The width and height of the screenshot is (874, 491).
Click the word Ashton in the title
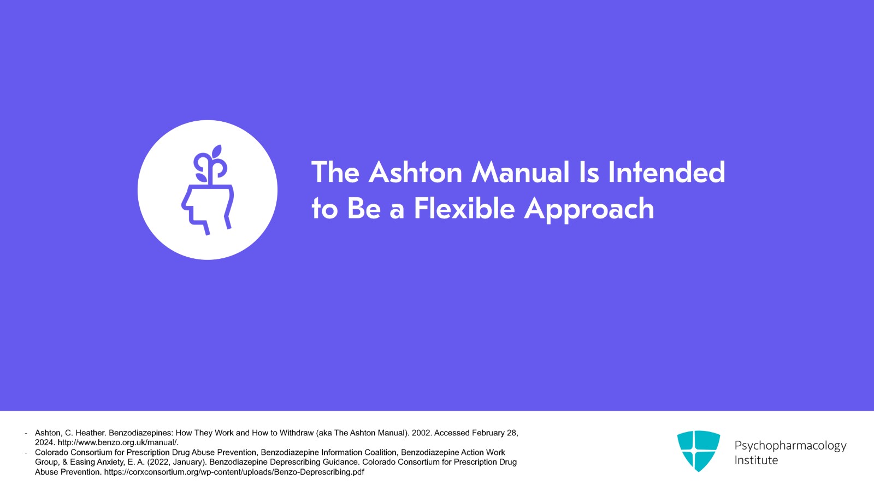pyautogui.click(x=415, y=172)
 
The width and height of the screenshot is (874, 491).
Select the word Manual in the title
pyautogui.click(x=521, y=172)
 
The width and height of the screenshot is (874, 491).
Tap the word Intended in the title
pyautogui.click(x=666, y=172)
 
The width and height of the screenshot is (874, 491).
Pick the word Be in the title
pyautogui.click(x=364, y=208)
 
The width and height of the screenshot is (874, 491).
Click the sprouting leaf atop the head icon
pyautogui.click(x=216, y=152)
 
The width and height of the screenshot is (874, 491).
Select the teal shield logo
pyautogui.click(x=699, y=451)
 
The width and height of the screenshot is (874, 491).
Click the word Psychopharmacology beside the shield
pyautogui.click(x=790, y=446)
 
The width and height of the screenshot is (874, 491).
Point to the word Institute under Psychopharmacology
pyautogui.click(x=756, y=460)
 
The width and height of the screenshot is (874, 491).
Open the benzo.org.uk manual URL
pyautogui.click(x=118, y=442)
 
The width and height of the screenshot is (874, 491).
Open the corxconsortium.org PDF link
pyautogui.click(x=234, y=472)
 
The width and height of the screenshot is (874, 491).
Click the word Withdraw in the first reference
pyautogui.click(x=297, y=433)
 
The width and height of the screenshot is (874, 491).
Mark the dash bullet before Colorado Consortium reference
pyautogui.click(x=26, y=453)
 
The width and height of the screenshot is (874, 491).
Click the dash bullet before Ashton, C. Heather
pyautogui.click(x=26, y=433)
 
